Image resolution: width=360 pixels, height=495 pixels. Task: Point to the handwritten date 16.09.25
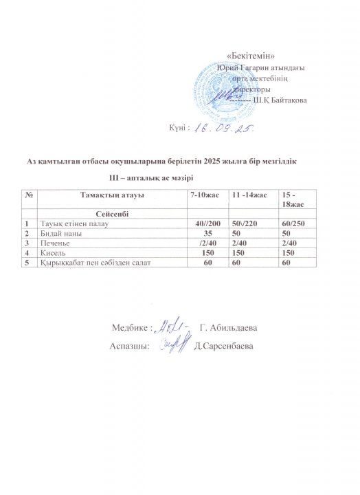point(215,128)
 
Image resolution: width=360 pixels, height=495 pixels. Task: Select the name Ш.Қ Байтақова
point(281,101)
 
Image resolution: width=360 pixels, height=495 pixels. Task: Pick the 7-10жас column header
point(205,196)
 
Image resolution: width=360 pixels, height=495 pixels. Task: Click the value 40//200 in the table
point(206,223)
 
